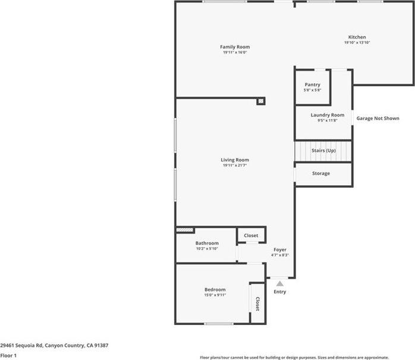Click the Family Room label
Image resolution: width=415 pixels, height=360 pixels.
[234, 47]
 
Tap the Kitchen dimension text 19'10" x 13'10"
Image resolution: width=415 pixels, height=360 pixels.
[357, 43]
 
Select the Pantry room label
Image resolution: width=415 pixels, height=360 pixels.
[312, 85]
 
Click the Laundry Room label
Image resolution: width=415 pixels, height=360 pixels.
[327, 115]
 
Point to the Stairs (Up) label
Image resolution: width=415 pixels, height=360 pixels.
[323, 151]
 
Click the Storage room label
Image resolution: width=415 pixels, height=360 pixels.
[320, 173]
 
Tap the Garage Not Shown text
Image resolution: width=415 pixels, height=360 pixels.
[378, 118]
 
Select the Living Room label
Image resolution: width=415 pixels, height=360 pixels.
[234, 160]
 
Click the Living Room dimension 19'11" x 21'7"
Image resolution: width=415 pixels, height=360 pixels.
[234, 166]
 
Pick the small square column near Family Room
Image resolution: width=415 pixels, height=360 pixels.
[260, 102]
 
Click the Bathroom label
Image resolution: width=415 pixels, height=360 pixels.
[207, 243]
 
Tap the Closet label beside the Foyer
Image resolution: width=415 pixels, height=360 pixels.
[251, 235]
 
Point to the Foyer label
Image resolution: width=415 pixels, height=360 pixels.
[279, 250]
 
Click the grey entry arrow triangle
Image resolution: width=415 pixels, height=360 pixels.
[279, 284]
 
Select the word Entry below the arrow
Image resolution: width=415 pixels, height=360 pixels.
[279, 292]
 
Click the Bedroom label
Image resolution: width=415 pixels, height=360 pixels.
[215, 289]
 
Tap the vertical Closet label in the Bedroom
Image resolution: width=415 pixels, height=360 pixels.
[257, 304]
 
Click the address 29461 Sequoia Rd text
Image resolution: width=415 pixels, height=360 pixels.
[54, 345]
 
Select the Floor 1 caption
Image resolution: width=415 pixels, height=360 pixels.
[8, 356]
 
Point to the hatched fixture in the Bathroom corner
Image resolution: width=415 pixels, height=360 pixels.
[185, 229]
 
